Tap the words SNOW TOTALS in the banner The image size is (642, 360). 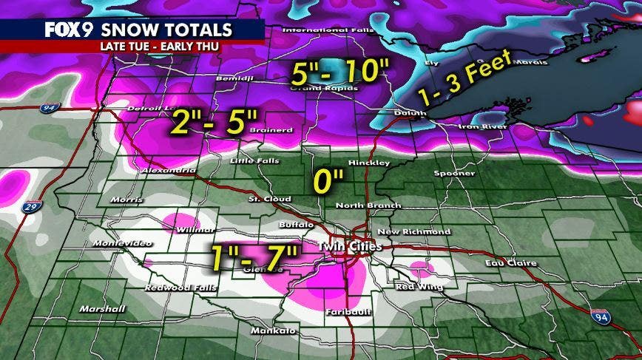pyautogui.click(x=166, y=30)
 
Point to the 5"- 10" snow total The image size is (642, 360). pyautogui.click(x=339, y=74)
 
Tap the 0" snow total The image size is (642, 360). pyautogui.click(x=328, y=178)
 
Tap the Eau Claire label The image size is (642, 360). pyautogui.click(x=511, y=263)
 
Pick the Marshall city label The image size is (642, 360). pyautogui.click(x=99, y=309)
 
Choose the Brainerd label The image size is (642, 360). pyautogui.click(x=277, y=130)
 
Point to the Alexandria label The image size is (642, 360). pyautogui.click(x=169, y=170)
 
